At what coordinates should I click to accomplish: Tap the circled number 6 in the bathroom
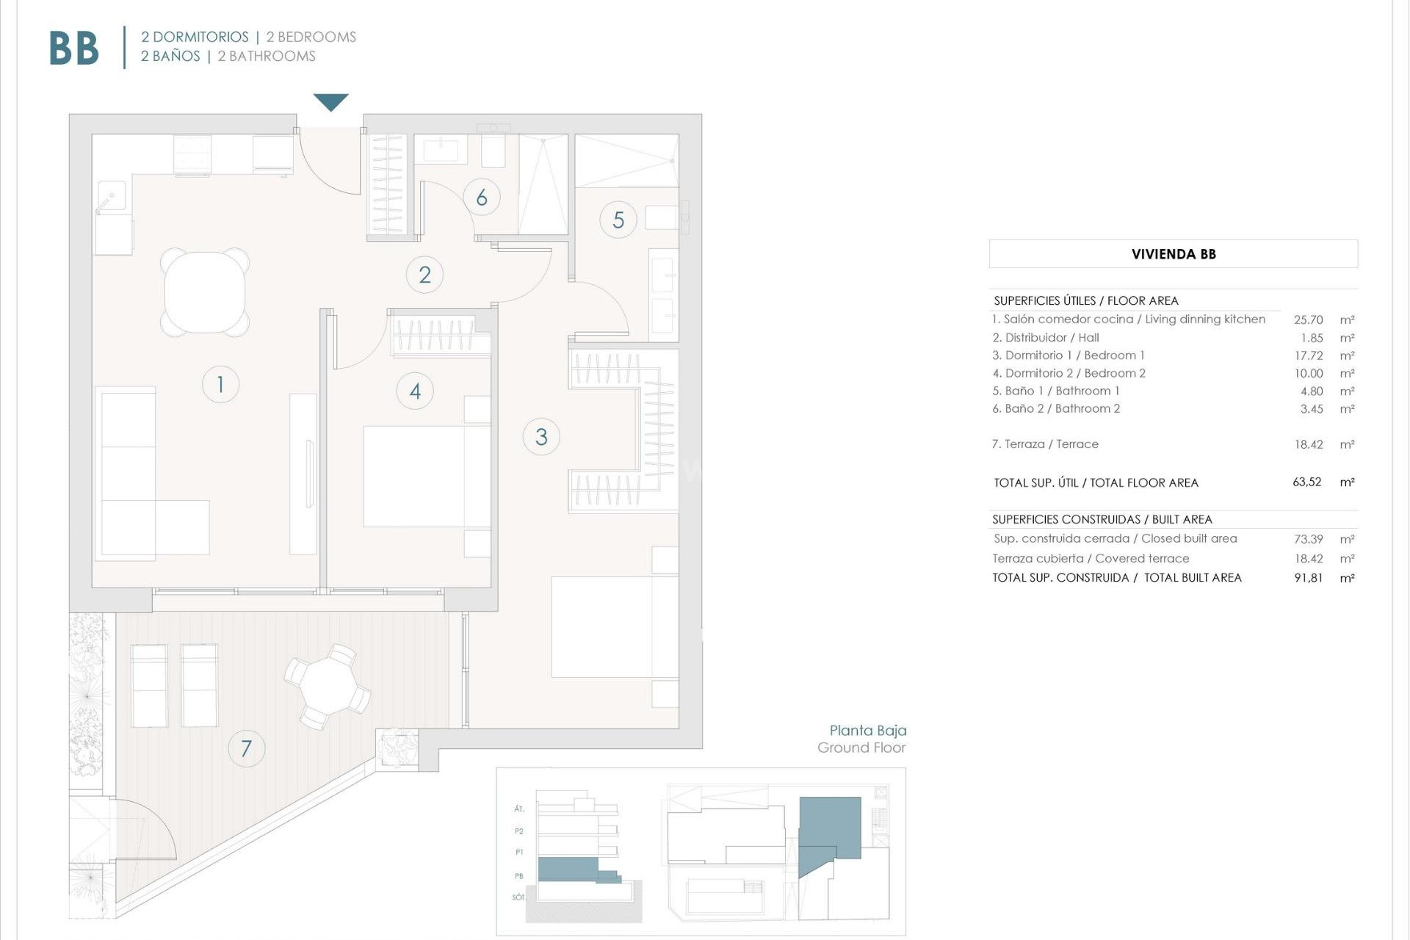[482, 197]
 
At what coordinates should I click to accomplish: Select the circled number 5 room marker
[618, 220]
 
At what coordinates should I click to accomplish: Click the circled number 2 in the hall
[424, 275]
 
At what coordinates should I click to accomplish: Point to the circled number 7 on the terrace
[246, 748]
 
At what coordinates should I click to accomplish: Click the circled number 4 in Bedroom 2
[415, 391]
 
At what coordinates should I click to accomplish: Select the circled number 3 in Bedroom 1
[541, 437]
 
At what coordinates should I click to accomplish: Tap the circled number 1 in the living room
[220, 383]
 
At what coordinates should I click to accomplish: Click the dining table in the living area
[205, 292]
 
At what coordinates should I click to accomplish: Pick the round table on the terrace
[328, 686]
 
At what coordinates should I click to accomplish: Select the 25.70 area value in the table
[1308, 319]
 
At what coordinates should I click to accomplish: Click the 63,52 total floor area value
[1306, 482]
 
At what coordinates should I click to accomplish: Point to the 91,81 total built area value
[1308, 578]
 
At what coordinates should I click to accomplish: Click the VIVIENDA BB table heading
[1173, 254]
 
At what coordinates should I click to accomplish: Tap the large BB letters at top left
[74, 49]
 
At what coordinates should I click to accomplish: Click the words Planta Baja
[867, 730]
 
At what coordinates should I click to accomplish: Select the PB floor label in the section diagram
[519, 875]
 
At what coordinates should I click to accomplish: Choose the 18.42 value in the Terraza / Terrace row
[1308, 444]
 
